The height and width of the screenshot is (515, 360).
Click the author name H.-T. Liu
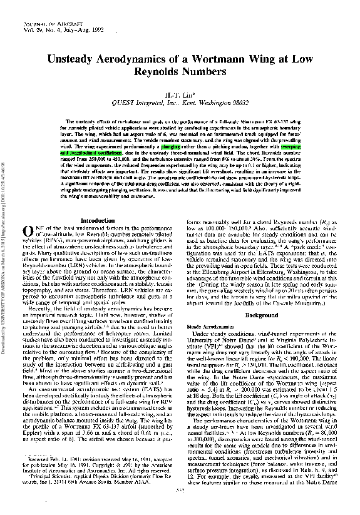(180, 94)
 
